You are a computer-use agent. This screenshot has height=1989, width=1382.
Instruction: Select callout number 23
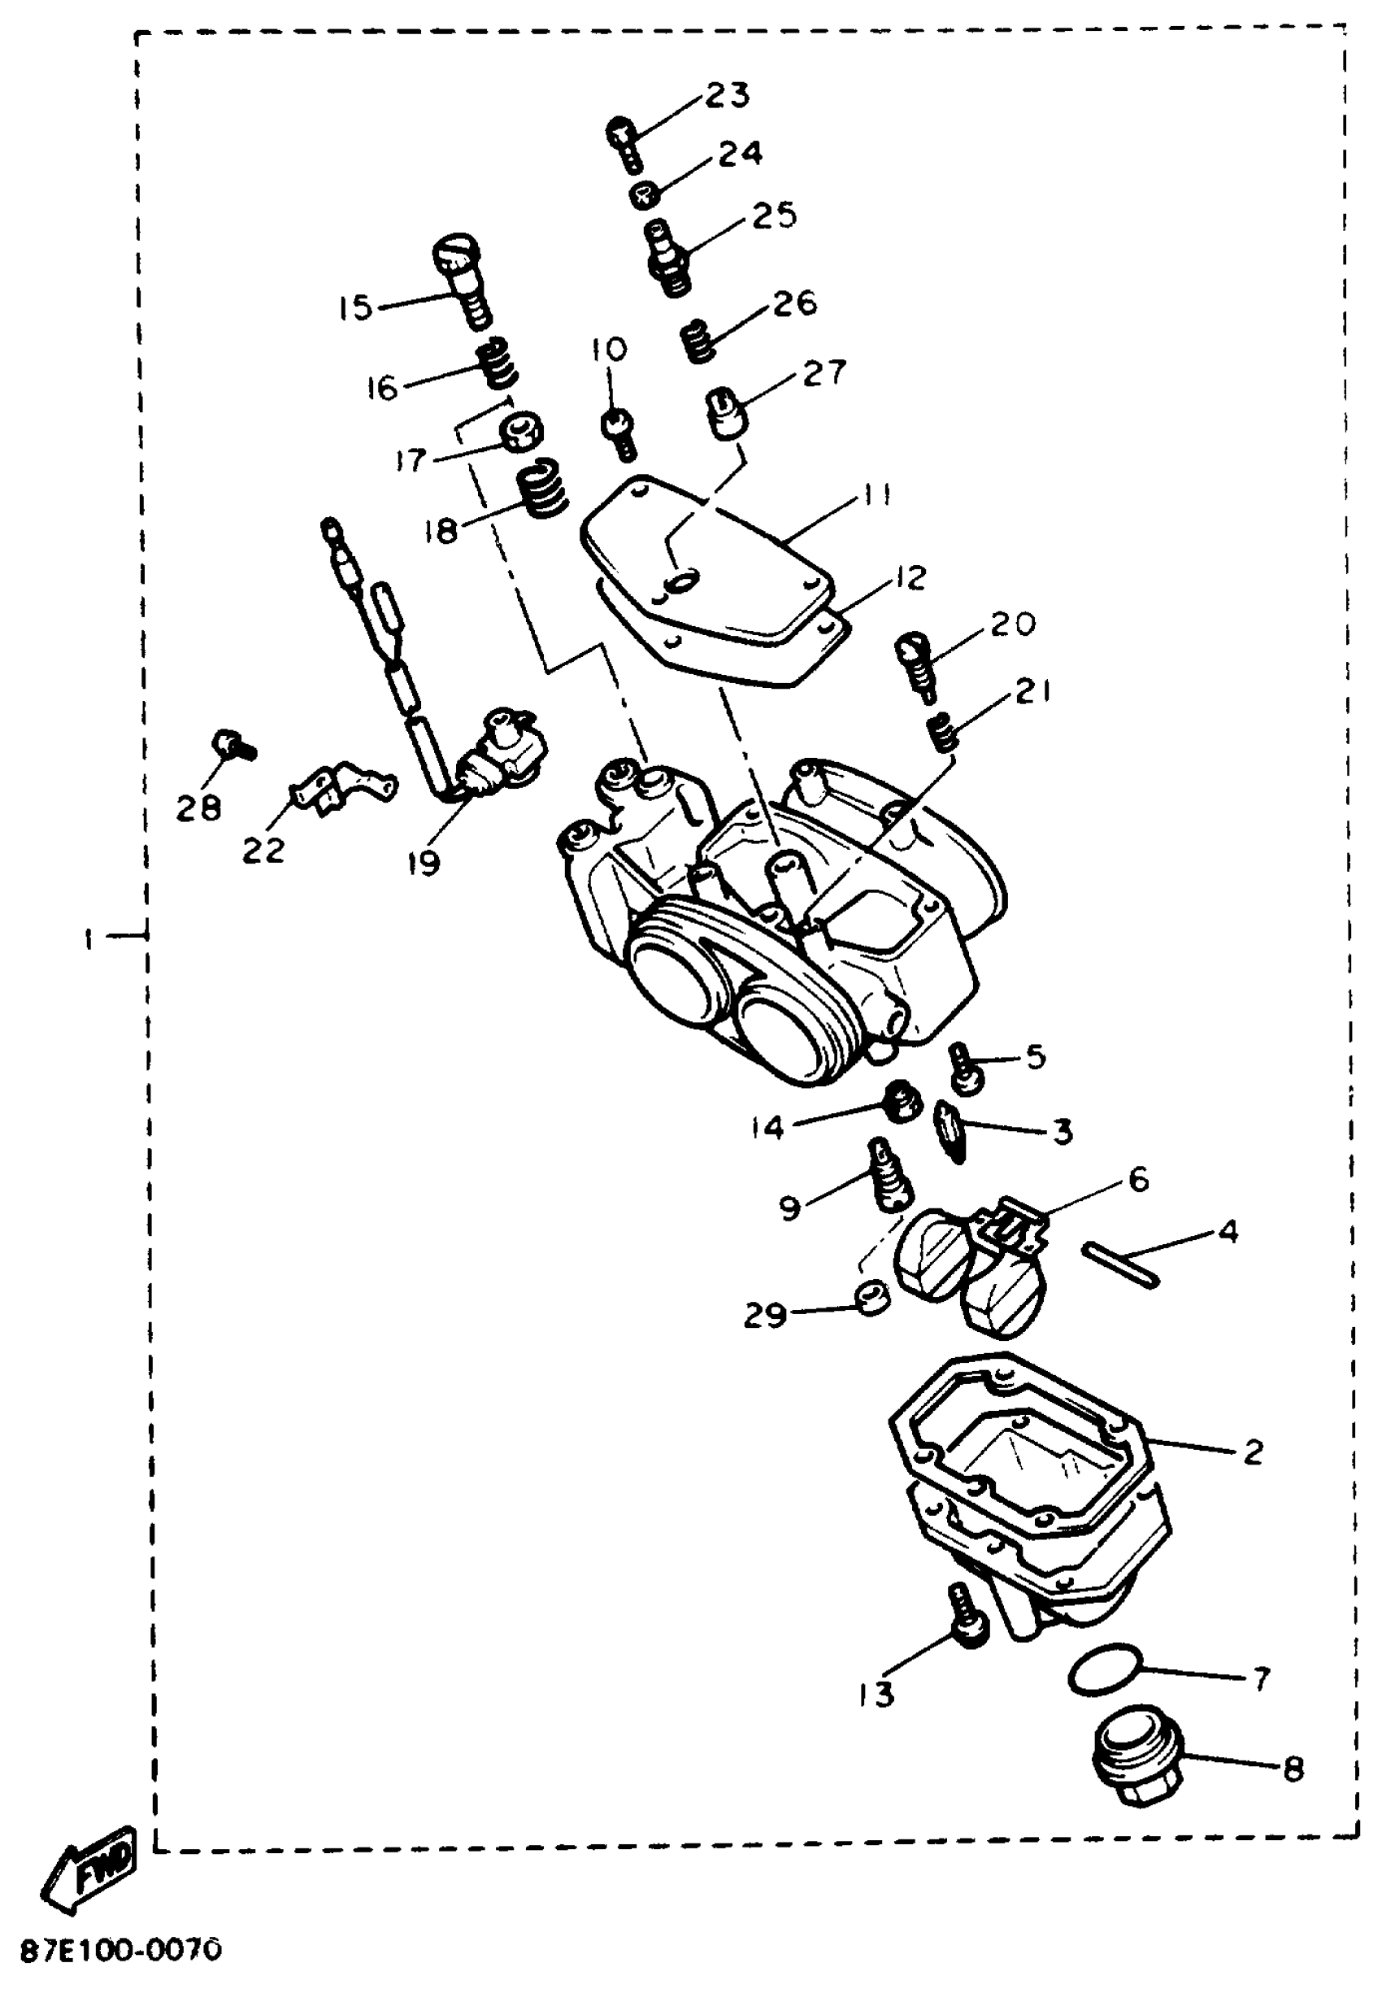point(727,95)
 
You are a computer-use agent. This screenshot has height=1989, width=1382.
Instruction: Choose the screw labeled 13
point(967,1616)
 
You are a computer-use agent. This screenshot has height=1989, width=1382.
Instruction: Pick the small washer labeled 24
point(642,195)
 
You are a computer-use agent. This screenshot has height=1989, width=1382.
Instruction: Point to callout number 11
point(876,494)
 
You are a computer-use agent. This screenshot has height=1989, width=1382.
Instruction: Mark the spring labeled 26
point(698,340)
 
